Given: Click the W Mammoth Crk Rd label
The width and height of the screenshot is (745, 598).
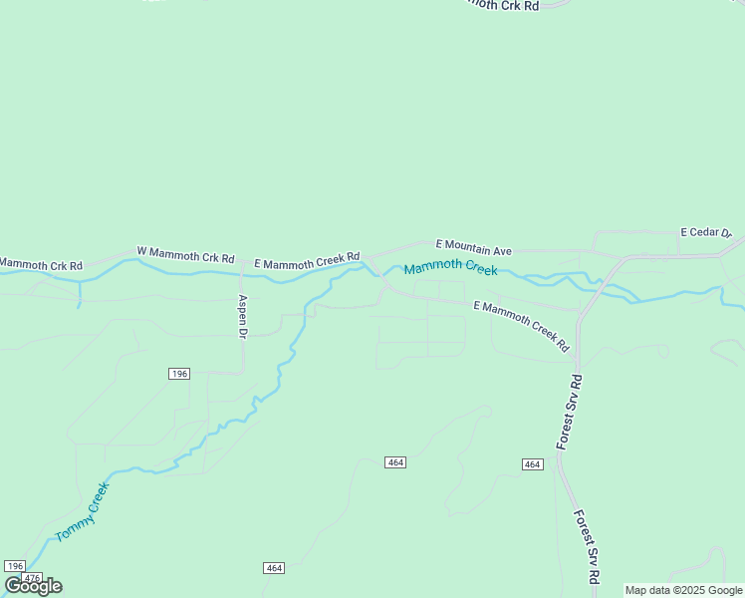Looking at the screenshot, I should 185,256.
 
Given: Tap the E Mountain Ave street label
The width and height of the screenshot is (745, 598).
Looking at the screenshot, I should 474,248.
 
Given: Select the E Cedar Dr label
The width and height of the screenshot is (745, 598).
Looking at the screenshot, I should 705,233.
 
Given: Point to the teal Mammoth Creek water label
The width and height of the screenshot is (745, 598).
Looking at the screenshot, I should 450,268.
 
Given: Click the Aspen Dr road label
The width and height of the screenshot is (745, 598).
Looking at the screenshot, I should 242,317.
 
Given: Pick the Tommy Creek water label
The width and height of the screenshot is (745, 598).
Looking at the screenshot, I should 82,511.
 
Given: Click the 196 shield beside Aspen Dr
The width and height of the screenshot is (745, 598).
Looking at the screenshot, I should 178,373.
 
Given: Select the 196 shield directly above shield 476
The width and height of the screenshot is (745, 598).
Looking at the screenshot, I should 14,566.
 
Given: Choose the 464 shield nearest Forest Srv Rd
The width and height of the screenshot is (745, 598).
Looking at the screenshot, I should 532,464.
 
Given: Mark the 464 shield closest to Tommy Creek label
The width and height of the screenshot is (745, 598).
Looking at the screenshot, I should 275,568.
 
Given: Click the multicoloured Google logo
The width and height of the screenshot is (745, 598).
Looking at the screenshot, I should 33,585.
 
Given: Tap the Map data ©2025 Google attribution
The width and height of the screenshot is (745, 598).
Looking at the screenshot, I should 683,590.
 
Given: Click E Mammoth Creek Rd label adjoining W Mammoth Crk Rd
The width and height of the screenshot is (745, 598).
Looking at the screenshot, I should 306,262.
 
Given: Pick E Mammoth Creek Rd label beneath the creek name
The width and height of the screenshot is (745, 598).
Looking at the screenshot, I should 521,325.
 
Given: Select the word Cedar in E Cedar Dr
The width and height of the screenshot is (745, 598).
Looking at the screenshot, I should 706,233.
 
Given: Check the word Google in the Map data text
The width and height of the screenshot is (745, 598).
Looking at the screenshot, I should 723,590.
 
